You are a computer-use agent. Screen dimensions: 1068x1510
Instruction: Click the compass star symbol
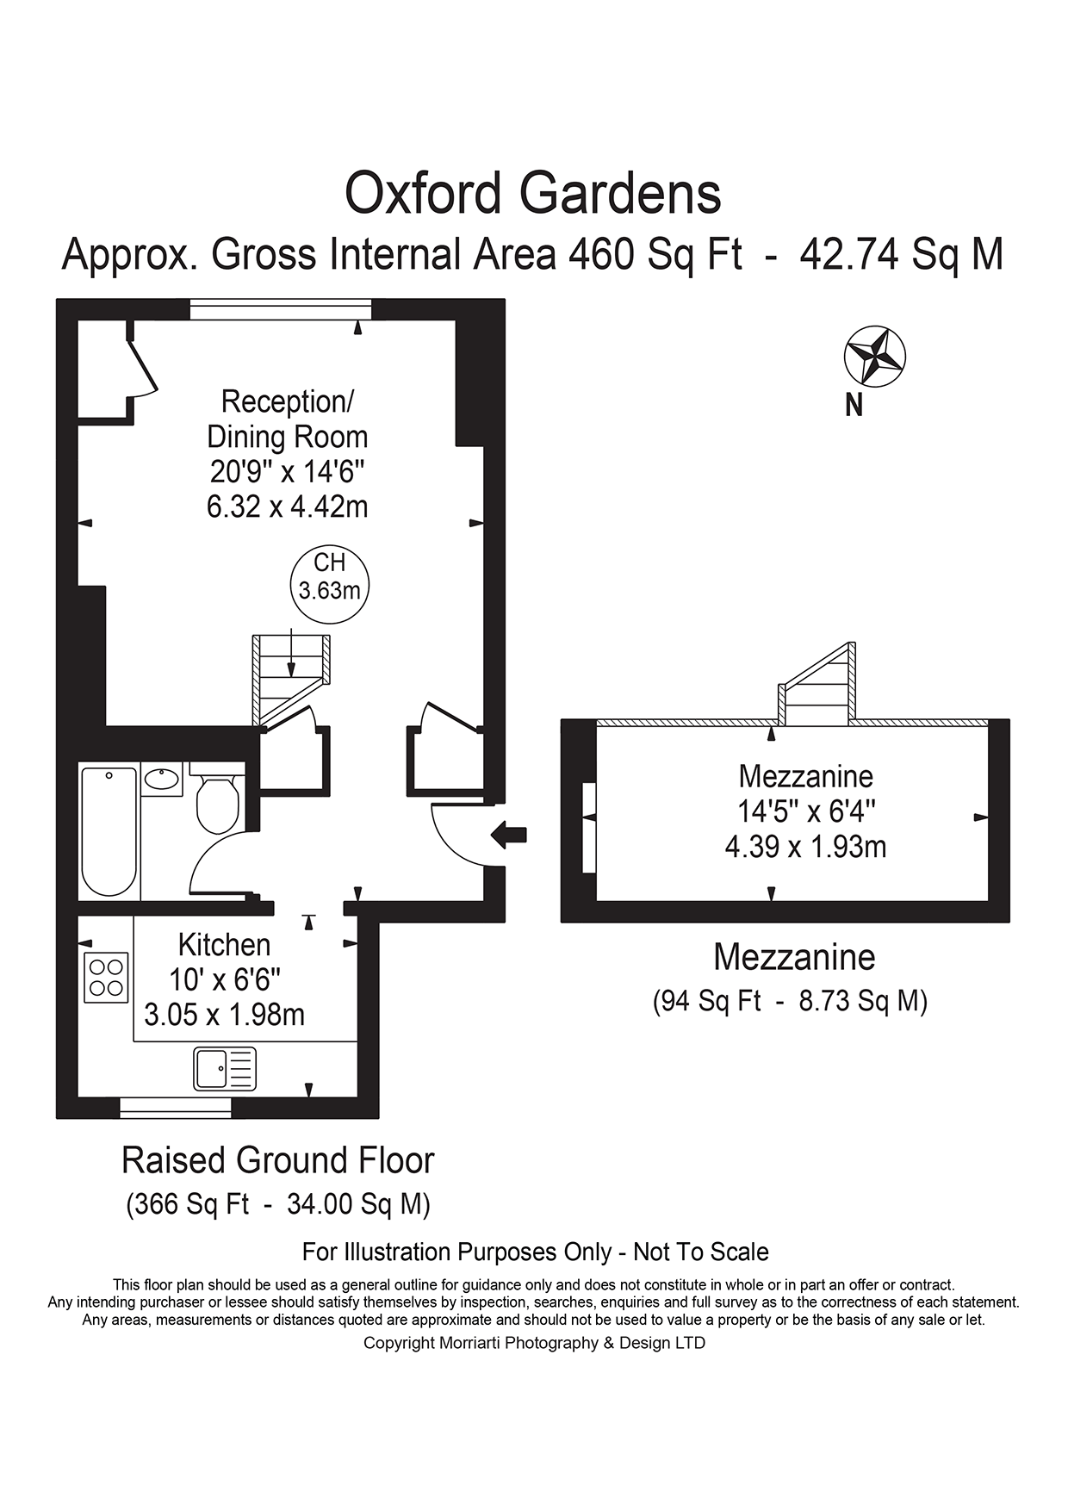[874, 356]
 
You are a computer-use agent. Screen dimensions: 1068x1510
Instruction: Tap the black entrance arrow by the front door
[509, 834]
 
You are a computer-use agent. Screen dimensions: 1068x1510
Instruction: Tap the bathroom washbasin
[162, 780]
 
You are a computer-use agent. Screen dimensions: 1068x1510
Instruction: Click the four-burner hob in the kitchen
[107, 978]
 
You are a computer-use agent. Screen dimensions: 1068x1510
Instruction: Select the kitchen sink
[225, 1068]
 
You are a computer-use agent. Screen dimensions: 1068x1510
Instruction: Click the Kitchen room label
[224, 945]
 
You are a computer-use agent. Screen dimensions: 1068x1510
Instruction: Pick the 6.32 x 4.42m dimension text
[287, 506]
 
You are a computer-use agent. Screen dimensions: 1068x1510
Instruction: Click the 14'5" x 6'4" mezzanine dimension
[806, 811]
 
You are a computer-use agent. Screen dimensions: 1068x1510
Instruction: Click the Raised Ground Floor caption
[277, 1160]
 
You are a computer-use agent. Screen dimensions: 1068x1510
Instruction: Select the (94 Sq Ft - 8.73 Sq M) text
[790, 1001]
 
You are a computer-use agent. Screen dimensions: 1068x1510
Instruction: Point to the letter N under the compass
[854, 405]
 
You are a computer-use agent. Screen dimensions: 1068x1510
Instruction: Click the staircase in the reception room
[291, 680]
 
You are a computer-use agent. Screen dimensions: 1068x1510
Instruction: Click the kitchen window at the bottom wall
[176, 1108]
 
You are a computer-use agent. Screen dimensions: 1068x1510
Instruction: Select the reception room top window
[281, 309]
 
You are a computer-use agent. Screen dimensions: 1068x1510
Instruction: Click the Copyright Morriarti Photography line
[534, 1343]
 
